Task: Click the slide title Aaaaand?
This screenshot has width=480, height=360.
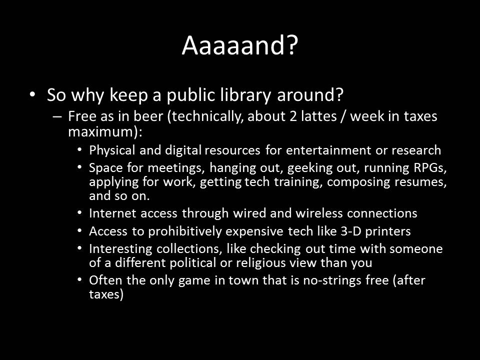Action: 239,45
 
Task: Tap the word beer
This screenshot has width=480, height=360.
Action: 148,116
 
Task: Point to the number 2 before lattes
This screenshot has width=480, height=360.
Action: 293,116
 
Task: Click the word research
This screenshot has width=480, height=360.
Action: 416,150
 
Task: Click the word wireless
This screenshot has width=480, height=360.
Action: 318,213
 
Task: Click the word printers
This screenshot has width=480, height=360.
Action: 388,231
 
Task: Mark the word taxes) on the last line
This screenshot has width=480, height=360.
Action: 106,294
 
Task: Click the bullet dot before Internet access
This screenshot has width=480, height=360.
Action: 80,213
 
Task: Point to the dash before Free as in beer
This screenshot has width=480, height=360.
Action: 57,116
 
